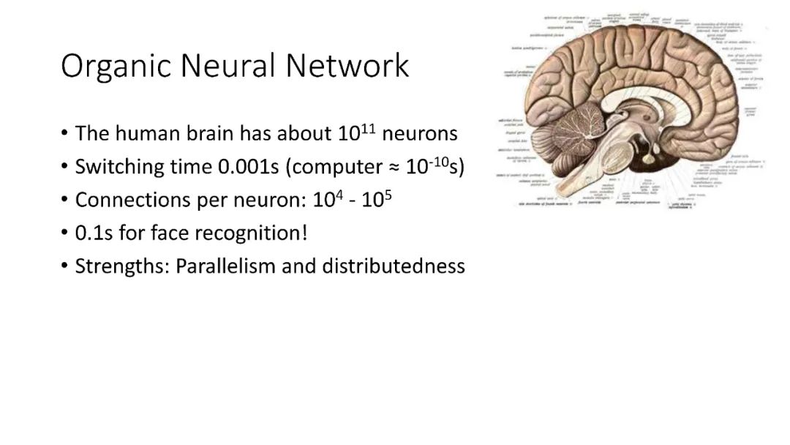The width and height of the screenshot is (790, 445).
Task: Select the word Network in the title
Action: pos(347,66)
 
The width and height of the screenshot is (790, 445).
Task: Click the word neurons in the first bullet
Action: pos(420,134)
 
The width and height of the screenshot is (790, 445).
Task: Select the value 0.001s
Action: pos(249,167)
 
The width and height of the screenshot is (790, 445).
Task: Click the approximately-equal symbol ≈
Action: pos(394,168)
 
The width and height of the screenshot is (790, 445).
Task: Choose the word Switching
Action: pos(120,167)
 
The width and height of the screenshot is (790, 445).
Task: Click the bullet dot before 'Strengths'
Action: pos(65,266)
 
